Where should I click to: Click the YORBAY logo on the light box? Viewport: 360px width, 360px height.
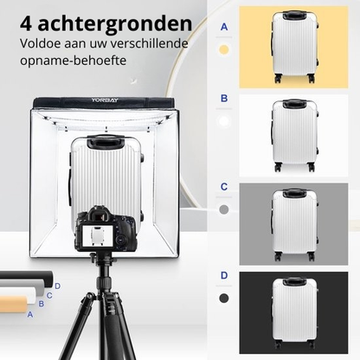pyautogui.click(x=104, y=100)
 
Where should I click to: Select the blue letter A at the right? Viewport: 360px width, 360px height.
pyautogui.click(x=224, y=27)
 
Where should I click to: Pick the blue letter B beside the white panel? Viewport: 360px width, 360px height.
pyautogui.click(x=224, y=99)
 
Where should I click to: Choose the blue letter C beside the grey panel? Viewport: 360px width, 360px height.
pyautogui.click(x=224, y=186)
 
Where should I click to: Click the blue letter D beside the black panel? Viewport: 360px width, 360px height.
pyautogui.click(x=224, y=275)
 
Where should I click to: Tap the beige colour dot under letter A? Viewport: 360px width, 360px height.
pyautogui.click(x=224, y=50)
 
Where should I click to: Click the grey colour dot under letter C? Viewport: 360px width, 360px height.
pyautogui.click(x=224, y=209)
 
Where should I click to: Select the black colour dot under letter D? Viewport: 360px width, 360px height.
pyautogui.click(x=224, y=298)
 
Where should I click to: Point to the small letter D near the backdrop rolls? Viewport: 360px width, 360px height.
pyautogui.click(x=57, y=286)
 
